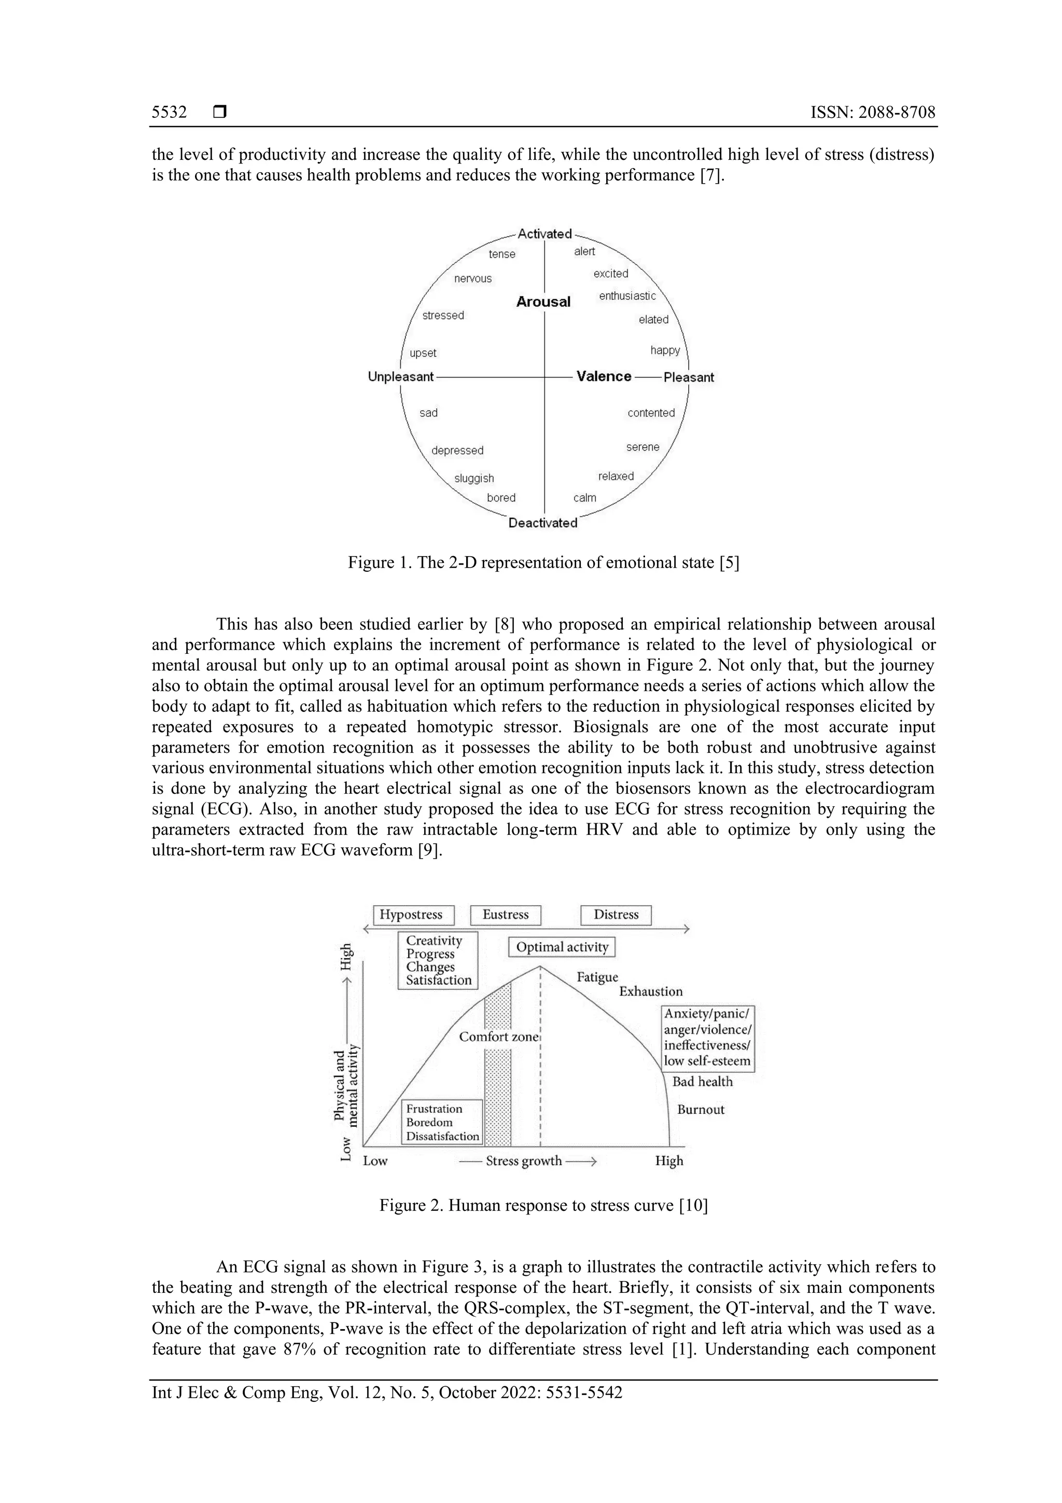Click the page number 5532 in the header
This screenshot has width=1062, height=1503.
(169, 113)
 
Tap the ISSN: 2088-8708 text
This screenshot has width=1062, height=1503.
(872, 113)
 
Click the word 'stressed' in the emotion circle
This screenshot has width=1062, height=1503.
(443, 315)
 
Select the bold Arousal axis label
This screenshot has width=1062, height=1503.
(543, 302)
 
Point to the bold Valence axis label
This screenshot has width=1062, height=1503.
(603, 377)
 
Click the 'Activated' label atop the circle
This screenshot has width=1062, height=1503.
(544, 233)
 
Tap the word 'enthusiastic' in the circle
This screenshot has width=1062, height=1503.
(627, 296)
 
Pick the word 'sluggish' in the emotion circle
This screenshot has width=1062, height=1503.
(474, 478)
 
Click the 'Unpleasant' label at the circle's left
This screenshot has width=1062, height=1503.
(400, 377)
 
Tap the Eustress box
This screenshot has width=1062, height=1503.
(505, 915)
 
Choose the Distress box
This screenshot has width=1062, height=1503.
(616, 915)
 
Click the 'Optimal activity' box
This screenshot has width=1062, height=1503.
(562, 947)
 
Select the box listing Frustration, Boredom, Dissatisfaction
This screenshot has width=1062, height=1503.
(442, 1122)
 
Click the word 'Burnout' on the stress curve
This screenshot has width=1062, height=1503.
(700, 1110)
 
